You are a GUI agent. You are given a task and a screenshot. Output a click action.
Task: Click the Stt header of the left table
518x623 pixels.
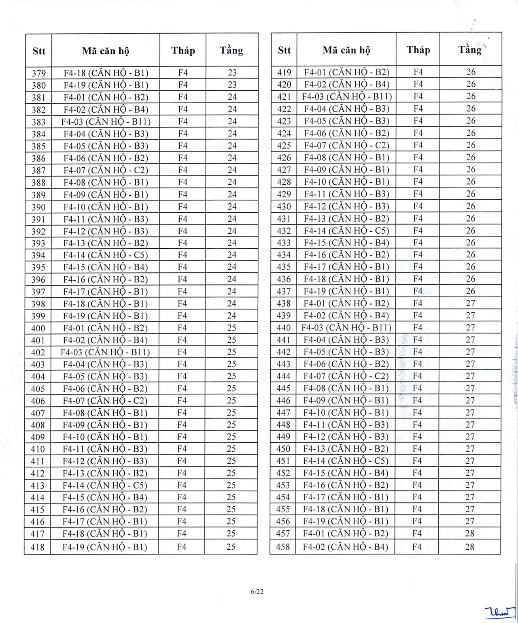pos(39,51)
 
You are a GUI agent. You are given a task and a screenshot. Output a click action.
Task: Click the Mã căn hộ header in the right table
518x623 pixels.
pos(346,51)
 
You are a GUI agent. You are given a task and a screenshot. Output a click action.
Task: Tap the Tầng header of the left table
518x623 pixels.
pos(231,51)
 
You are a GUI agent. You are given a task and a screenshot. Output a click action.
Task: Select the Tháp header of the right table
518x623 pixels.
pos(418,50)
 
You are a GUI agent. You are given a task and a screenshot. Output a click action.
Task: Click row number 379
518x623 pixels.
pos(39,73)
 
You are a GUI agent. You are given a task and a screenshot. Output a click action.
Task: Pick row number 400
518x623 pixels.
pos(38,328)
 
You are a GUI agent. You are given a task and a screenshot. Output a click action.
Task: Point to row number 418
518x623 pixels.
pos(38,547)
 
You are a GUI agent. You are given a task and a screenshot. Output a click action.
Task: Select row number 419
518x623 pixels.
pos(284,73)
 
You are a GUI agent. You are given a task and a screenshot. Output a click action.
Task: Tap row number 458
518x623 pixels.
pos(283,547)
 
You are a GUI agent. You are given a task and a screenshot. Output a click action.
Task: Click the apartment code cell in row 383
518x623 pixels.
pos(106,122)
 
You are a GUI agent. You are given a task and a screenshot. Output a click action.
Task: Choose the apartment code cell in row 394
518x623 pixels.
pos(106,255)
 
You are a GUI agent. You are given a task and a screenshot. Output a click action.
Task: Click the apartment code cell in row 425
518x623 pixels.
pos(346,145)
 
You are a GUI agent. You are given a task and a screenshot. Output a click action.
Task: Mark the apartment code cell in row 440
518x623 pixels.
pos(346,327)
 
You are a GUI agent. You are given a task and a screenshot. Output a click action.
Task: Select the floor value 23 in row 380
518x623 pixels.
pos(232,85)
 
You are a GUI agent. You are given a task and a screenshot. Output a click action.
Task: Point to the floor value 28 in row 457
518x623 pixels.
pos(469,533)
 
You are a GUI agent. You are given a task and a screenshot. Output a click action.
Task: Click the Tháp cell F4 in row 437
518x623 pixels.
pos(418,291)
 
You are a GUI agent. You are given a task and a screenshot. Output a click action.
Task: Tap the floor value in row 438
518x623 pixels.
pos(470,303)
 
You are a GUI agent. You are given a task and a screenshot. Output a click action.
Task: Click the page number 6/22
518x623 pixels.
pos(257,591)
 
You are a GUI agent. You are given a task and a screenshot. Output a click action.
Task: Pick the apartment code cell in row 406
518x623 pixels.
pos(105,401)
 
